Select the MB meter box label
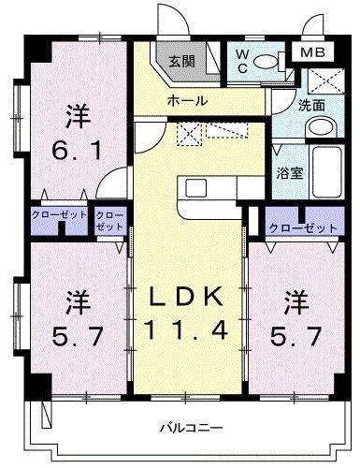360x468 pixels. pos(312,52)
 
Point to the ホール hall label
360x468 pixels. pos(187,100)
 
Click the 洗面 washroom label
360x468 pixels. pos(311,105)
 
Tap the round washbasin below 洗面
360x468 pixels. pos(321,127)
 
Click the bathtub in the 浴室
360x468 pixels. pos(327,171)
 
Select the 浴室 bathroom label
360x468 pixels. pos(290,173)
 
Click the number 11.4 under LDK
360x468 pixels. pos(186,330)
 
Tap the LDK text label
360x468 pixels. pos(186,297)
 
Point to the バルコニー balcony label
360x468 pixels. pos(192,428)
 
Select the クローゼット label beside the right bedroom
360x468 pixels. pos(303,228)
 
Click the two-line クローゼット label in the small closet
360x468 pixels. pos(110,221)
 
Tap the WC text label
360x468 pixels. pos(242,61)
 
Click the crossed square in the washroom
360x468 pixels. pos(326,80)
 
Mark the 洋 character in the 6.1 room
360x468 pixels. pos(78,117)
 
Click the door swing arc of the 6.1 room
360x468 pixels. pos(107,177)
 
